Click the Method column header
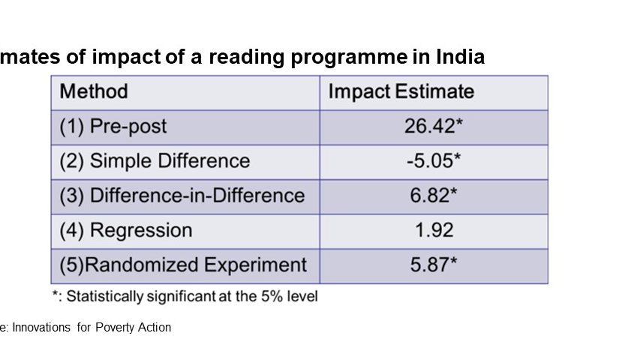click(x=94, y=92)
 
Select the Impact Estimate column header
click(x=401, y=92)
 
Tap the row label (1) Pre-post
click(x=113, y=127)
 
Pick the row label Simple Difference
click(x=170, y=161)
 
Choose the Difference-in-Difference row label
click(x=197, y=196)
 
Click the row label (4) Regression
click(x=126, y=230)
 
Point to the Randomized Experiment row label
click(x=198, y=265)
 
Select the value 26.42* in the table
click(x=434, y=127)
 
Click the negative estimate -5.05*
click(x=434, y=161)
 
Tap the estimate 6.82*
click(x=434, y=196)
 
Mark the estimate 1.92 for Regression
click(x=434, y=230)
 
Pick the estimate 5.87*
click(x=434, y=265)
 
